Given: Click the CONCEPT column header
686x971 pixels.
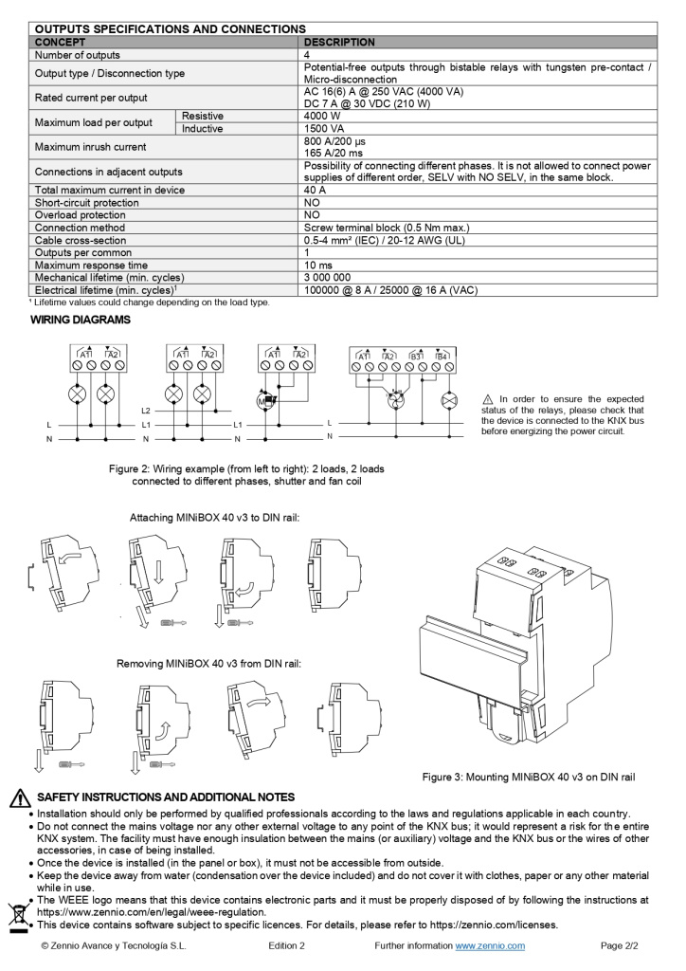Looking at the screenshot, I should pyautogui.click(x=60, y=43).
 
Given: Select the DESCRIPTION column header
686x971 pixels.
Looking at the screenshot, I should pyautogui.click(x=339, y=43).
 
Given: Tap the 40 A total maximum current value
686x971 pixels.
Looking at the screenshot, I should pyautogui.click(x=316, y=190).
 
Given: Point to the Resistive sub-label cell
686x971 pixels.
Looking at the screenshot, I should pyautogui.click(x=203, y=116).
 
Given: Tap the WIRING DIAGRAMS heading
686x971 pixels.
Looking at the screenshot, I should pyautogui.click(x=81, y=321).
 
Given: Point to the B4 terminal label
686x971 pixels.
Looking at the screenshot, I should pyautogui.click(x=442, y=356).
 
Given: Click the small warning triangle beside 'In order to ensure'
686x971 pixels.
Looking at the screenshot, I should pyautogui.click(x=488, y=399).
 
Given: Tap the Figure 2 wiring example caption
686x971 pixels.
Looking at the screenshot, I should pyautogui.click(x=246, y=475).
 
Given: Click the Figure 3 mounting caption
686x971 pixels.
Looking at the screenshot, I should pyautogui.click(x=528, y=778).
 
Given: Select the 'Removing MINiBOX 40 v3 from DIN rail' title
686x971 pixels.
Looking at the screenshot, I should pyautogui.click(x=208, y=663).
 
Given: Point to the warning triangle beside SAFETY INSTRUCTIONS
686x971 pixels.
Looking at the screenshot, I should pyautogui.click(x=19, y=798).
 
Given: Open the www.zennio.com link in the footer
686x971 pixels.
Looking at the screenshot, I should pyautogui.click(x=490, y=946).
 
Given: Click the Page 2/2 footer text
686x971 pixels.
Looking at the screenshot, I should pyautogui.click(x=621, y=946).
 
